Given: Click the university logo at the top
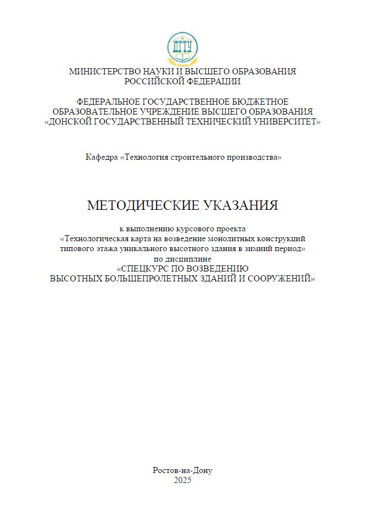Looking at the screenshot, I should coord(182,48).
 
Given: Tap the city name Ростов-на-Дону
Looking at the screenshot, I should coord(182,470).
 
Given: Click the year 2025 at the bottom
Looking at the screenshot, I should coord(182,480).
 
